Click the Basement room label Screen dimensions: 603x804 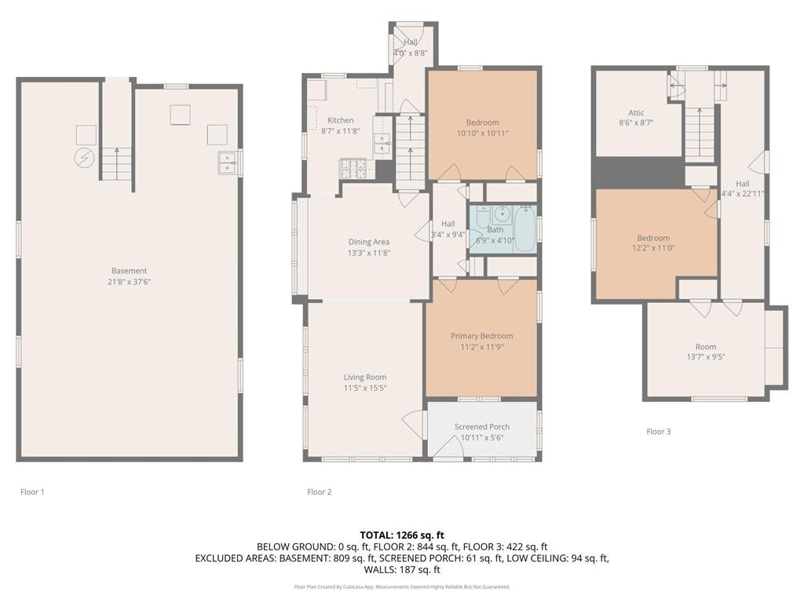click(129, 271)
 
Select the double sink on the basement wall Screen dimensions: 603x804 click(228, 163)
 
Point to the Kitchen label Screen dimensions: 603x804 click(340, 120)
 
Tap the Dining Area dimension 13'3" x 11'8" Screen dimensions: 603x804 click(369, 253)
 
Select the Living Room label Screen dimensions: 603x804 click(365, 377)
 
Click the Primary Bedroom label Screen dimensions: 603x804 click(481, 336)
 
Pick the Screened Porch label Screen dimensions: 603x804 click(481, 426)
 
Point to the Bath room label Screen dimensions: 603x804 click(495, 230)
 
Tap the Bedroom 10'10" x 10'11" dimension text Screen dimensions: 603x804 click(482, 133)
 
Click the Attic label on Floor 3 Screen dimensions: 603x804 click(636, 112)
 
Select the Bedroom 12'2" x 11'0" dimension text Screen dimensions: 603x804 click(652, 248)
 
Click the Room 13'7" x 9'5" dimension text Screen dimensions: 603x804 click(705, 356)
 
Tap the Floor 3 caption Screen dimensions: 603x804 click(658, 431)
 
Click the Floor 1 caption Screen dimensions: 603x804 click(32, 492)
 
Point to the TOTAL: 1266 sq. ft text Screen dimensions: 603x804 click(402, 535)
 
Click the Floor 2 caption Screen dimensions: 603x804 click(319, 492)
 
